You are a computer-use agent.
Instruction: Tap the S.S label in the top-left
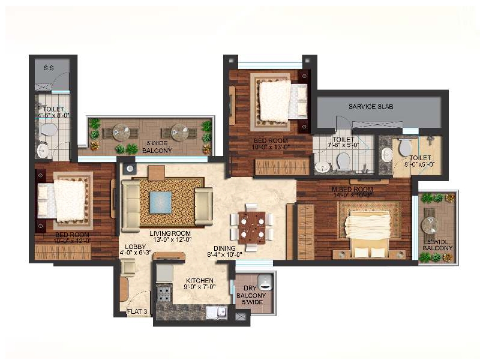[x=49, y=68]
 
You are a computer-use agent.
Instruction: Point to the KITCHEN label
[x=199, y=280]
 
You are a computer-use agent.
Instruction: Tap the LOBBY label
[x=136, y=247]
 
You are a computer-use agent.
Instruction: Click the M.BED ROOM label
[x=353, y=189]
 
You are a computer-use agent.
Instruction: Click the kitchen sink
[x=214, y=312]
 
